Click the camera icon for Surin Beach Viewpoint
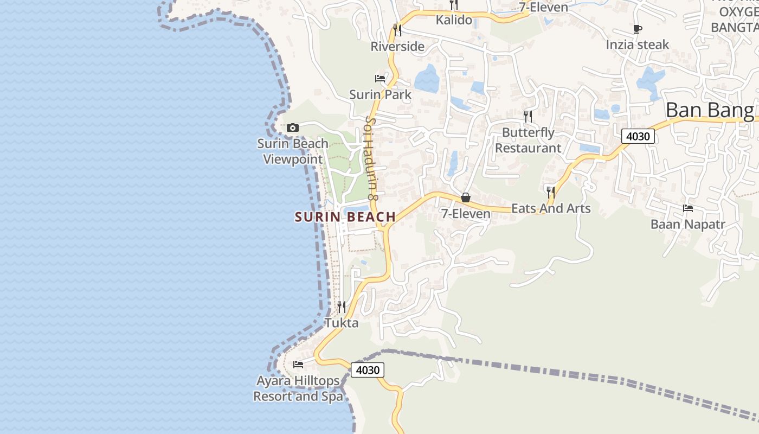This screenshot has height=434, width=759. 293,128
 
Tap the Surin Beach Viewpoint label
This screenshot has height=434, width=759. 293,151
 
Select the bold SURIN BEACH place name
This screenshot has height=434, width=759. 345,217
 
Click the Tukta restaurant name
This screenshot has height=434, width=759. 342,323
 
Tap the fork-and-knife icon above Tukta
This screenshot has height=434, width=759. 342,307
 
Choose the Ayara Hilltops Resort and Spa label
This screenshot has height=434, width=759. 298,388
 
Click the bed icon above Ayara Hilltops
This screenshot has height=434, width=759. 298,364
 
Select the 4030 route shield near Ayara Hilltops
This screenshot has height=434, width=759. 368,370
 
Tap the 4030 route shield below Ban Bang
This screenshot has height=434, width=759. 638,136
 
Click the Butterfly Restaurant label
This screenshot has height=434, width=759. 528,140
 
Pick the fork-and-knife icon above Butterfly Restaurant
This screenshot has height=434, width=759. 528,116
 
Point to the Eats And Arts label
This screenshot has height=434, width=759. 551,208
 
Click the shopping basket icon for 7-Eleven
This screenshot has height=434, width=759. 465,197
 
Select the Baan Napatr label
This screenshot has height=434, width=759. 687,224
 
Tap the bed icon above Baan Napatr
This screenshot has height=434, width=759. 688,208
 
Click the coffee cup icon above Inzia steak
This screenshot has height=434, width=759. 638,29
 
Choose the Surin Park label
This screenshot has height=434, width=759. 380,94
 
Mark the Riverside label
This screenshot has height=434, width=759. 397,47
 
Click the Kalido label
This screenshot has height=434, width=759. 454,21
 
